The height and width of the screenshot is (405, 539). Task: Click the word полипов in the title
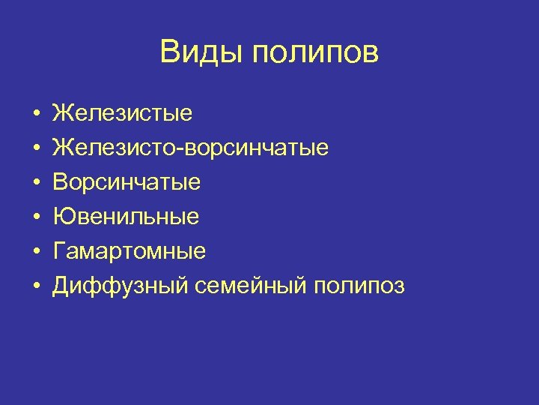(315, 53)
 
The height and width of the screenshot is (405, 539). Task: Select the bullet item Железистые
(122, 113)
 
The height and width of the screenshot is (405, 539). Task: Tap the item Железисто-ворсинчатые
(190, 148)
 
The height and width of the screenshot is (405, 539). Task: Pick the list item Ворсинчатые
(127, 182)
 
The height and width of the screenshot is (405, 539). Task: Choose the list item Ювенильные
(126, 217)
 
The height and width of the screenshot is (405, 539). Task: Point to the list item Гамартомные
(129, 251)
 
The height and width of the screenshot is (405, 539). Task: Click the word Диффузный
(105, 286)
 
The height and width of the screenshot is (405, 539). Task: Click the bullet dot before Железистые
(36, 114)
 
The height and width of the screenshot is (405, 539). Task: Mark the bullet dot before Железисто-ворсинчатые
(36, 148)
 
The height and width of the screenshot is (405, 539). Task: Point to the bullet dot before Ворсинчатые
(36, 183)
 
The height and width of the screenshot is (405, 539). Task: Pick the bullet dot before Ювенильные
(36, 217)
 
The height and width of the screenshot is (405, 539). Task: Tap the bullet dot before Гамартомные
(36, 252)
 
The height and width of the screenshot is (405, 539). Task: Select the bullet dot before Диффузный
(36, 286)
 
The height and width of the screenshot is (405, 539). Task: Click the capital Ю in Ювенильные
(61, 217)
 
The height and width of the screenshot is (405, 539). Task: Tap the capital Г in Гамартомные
(58, 251)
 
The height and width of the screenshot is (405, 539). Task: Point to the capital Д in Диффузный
(60, 286)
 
